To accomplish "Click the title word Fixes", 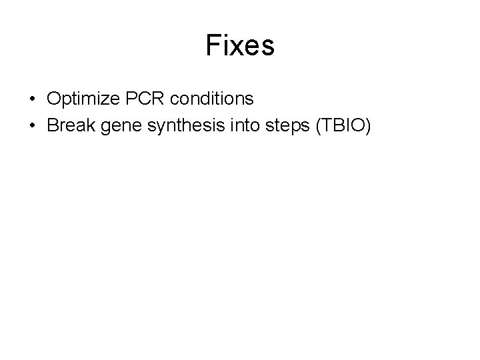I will pos(240,46).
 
